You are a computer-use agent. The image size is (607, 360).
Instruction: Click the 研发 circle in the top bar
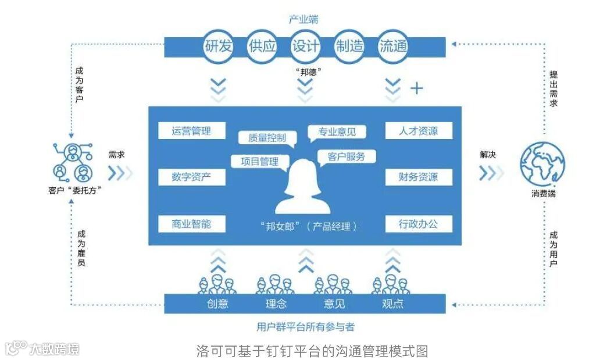[219, 46]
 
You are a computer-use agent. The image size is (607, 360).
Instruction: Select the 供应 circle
[262, 46]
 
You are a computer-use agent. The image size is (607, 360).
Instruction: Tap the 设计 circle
[305, 46]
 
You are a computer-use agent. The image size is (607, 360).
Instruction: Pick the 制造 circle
[349, 46]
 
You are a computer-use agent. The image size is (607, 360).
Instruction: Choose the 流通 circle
[392, 46]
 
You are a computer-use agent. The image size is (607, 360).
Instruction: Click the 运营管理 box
[191, 130]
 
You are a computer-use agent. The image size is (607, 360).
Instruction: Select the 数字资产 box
[191, 177]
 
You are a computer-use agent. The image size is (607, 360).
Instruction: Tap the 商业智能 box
[191, 223]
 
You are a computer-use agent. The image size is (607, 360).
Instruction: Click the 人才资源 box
[418, 130]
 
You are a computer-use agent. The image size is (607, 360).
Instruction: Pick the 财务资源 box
[418, 177]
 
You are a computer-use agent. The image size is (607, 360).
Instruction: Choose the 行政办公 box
[418, 223]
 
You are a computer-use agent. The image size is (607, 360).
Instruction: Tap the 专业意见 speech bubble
[337, 133]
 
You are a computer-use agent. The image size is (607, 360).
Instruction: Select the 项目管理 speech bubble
[259, 162]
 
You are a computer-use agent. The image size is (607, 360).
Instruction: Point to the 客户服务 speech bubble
[347, 156]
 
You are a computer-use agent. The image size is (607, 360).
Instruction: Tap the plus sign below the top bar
[417, 88]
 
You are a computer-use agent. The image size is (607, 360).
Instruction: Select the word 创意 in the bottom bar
[216, 304]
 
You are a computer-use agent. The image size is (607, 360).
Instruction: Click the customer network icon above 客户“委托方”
[72, 163]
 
